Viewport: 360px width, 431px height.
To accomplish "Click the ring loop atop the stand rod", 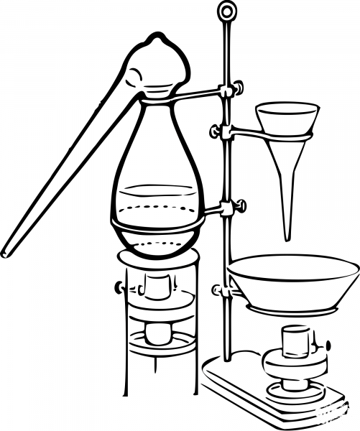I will (x=228, y=11).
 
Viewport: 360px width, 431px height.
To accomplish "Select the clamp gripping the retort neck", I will (x=228, y=91).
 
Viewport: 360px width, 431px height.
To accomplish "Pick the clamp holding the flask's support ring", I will (x=231, y=208).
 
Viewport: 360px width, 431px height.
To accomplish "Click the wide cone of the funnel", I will (x=287, y=119).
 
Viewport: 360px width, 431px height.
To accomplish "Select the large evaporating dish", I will (x=292, y=280).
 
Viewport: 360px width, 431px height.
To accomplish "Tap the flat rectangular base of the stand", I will (x=273, y=395).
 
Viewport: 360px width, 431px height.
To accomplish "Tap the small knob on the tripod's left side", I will (x=119, y=287).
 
